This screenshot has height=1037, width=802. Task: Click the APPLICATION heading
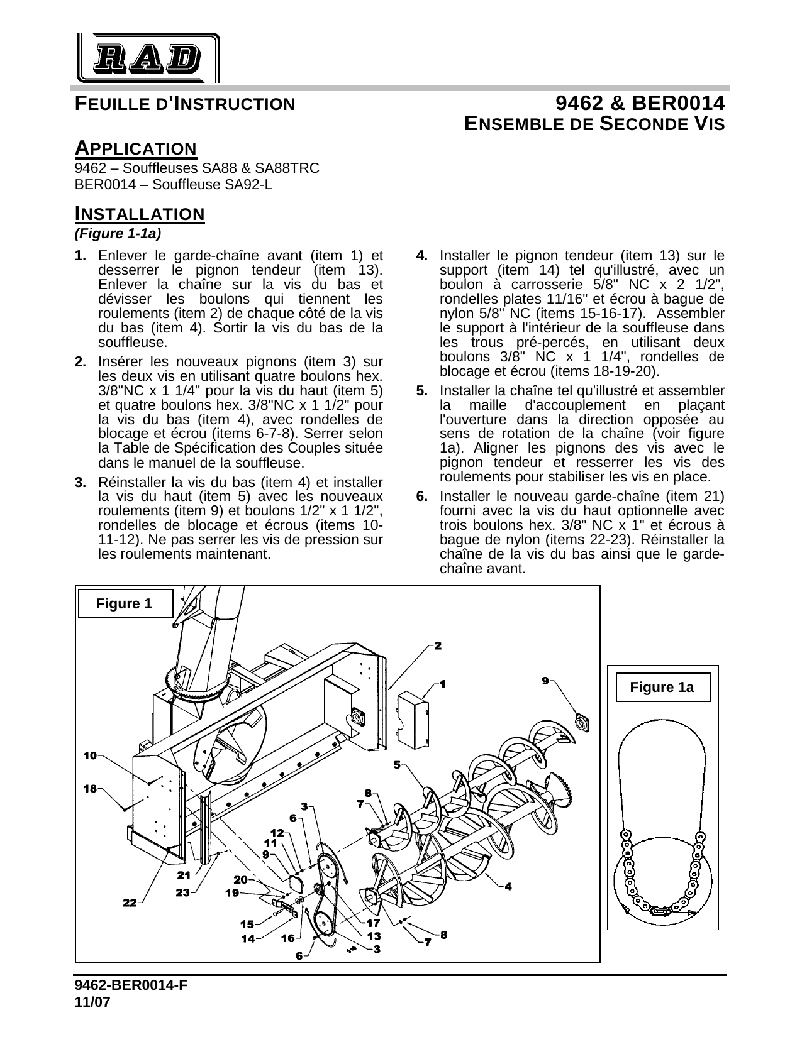pyautogui.click(x=135, y=149)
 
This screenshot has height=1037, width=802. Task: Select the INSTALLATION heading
pyautogui.click(x=140, y=214)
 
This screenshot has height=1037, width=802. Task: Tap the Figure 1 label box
pyautogui.click(x=124, y=604)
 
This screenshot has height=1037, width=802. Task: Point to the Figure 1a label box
pyautogui.click(x=662, y=687)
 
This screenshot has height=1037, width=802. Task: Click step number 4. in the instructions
pyautogui.click(x=423, y=256)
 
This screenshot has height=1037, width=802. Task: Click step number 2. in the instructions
pyautogui.click(x=81, y=362)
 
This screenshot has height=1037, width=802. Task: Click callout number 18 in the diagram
pyautogui.click(x=90, y=788)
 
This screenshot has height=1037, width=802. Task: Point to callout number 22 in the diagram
pyautogui.click(x=130, y=903)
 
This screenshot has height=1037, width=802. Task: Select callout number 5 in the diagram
pyautogui.click(x=398, y=765)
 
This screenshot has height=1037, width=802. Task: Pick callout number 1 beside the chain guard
pyautogui.click(x=443, y=683)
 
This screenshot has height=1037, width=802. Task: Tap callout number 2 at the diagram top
pyautogui.click(x=438, y=645)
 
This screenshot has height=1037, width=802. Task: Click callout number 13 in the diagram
pyautogui.click(x=374, y=935)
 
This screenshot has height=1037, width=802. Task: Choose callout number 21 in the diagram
pyautogui.click(x=184, y=875)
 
